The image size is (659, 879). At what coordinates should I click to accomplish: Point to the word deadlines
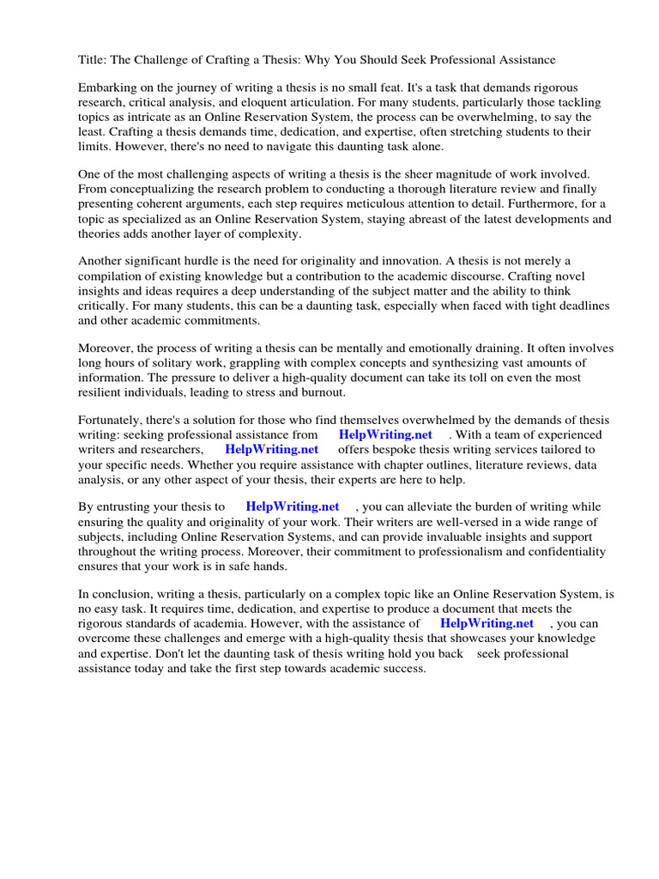[574, 305]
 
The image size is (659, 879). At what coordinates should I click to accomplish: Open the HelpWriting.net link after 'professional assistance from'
[385, 435]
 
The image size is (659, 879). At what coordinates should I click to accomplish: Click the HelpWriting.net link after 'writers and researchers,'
[271, 449]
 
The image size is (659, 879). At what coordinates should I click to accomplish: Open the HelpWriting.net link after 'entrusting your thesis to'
[293, 506]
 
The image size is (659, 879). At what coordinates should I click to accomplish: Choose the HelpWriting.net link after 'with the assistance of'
[487, 623]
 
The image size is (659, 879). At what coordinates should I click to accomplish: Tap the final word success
[404, 668]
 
